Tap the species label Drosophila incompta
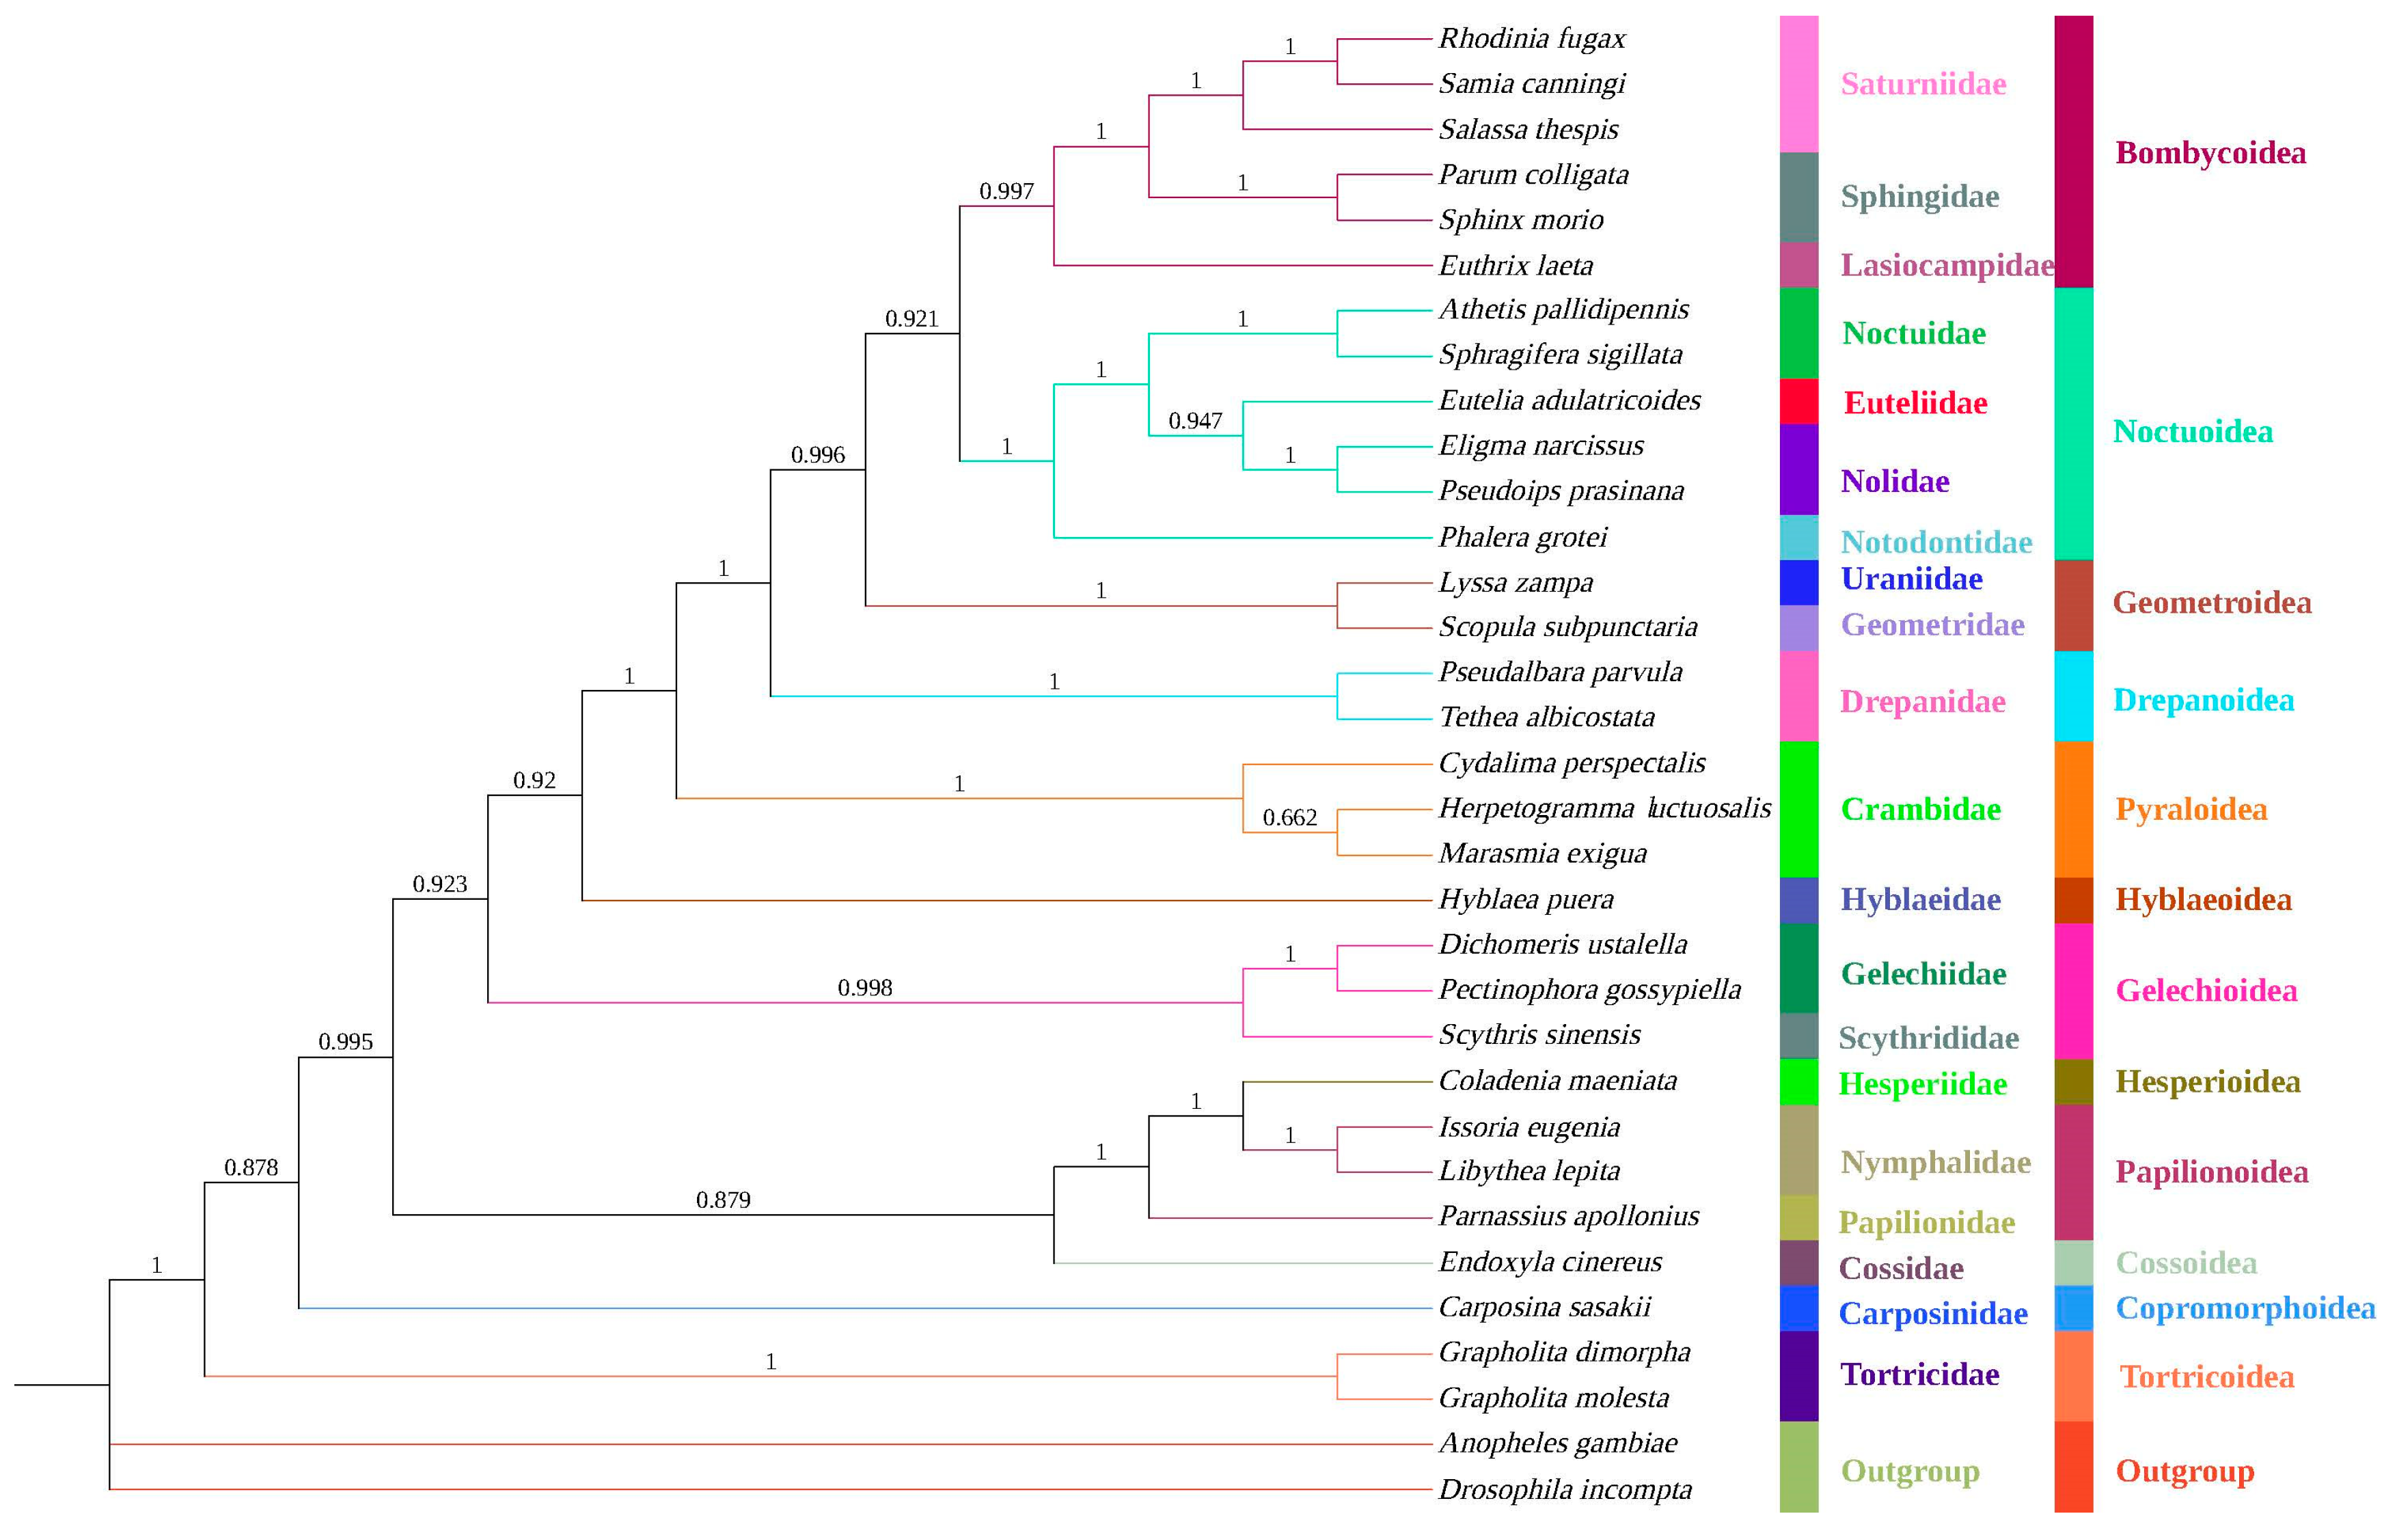point(1564,1489)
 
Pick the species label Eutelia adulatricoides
point(1568,400)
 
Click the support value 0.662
point(1288,817)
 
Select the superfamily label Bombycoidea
point(2208,153)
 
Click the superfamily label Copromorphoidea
point(2243,1308)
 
